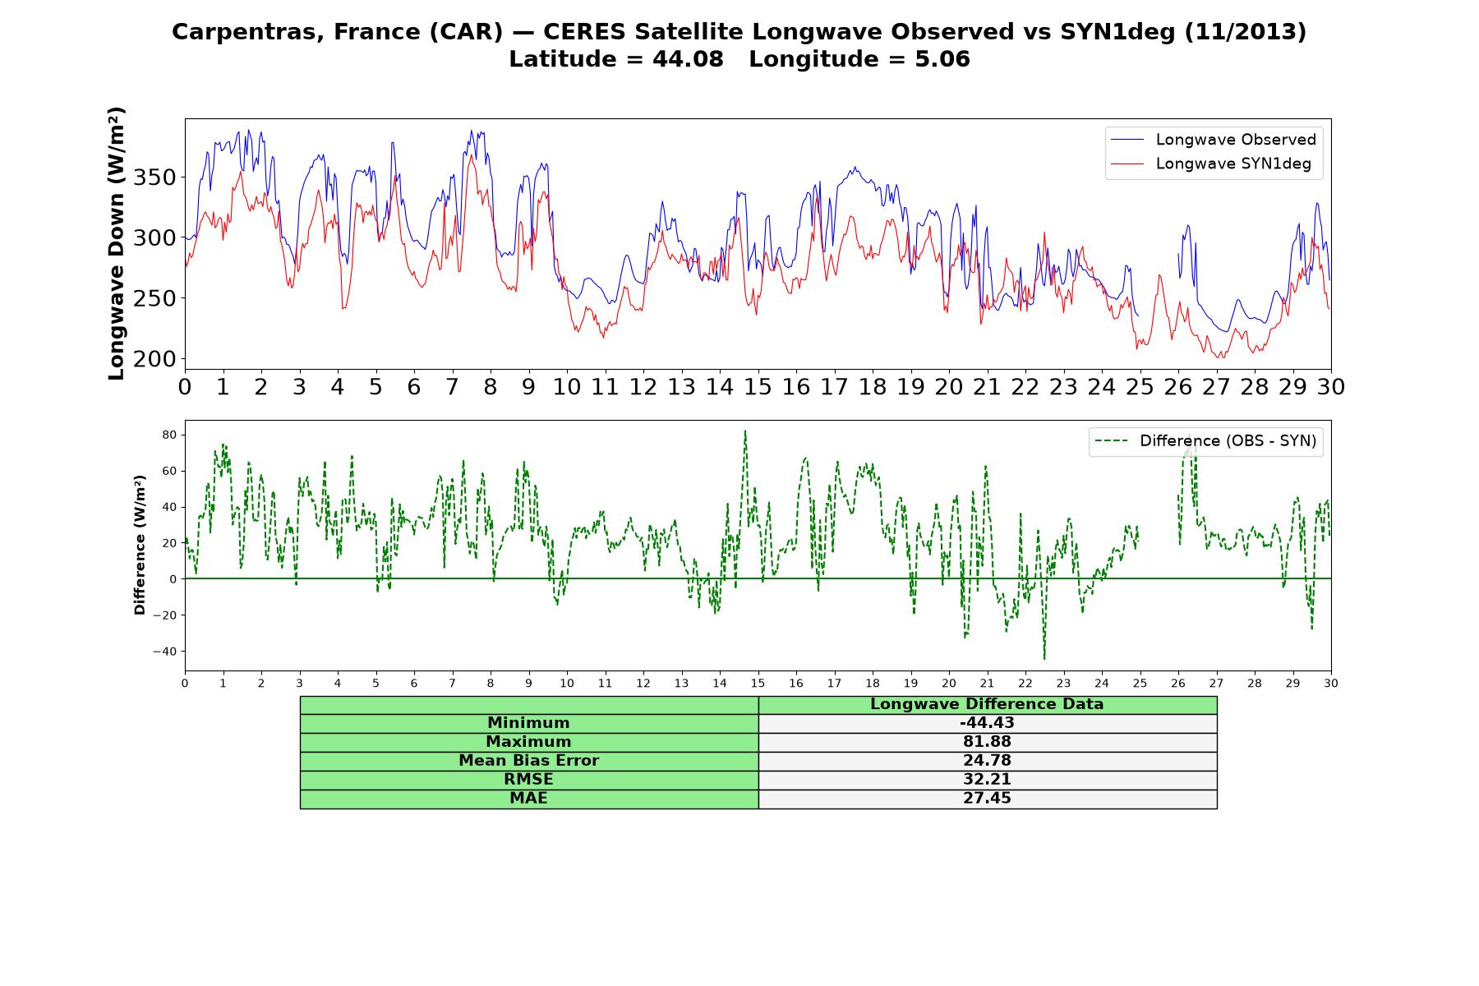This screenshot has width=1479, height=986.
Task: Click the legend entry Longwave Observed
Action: (1213, 140)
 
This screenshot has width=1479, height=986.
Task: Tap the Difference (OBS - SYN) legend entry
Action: (1205, 441)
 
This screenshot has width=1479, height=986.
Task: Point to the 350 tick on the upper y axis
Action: (162, 177)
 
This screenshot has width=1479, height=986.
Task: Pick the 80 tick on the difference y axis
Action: (168, 435)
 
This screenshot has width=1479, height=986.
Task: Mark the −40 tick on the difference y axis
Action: (164, 652)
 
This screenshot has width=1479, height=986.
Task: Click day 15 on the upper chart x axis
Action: (758, 386)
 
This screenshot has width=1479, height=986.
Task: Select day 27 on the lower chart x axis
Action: (1216, 683)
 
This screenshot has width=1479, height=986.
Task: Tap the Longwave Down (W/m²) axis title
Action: (117, 243)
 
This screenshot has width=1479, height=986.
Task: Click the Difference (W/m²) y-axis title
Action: (140, 545)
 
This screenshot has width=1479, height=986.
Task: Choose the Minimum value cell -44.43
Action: (987, 723)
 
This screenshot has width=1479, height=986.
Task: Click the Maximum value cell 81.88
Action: (987, 742)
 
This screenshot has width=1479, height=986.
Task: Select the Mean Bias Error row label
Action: (528, 761)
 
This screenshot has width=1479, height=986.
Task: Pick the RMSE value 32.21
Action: (987, 780)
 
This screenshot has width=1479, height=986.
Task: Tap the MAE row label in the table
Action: (528, 799)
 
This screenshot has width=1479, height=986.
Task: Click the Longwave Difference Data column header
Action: (987, 704)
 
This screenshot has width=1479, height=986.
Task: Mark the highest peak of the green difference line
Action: (745, 431)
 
